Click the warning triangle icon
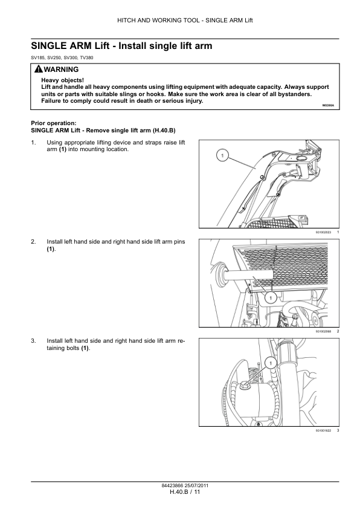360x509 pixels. click(x=38, y=69)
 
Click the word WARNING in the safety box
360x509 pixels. click(x=61, y=70)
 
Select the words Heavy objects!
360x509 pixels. click(x=63, y=80)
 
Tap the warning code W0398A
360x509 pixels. click(x=328, y=106)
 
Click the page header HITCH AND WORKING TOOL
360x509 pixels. click(x=158, y=21)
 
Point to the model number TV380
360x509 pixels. click(x=86, y=58)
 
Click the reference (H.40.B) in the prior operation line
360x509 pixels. click(x=164, y=131)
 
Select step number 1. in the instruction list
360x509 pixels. click(x=33, y=143)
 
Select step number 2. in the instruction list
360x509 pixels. click(x=33, y=242)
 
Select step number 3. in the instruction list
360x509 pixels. click(x=33, y=341)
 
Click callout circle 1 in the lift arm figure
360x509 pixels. click(x=222, y=156)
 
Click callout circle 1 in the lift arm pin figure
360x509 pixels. click(x=271, y=297)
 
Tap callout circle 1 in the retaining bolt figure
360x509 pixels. click(x=271, y=363)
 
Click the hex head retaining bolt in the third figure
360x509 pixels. click(x=245, y=386)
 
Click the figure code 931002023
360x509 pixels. click(x=323, y=232)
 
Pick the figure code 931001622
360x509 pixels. click(x=323, y=431)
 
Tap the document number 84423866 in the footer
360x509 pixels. click(x=172, y=486)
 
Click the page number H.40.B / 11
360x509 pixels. click(x=185, y=492)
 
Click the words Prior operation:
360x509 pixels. click(x=54, y=123)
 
